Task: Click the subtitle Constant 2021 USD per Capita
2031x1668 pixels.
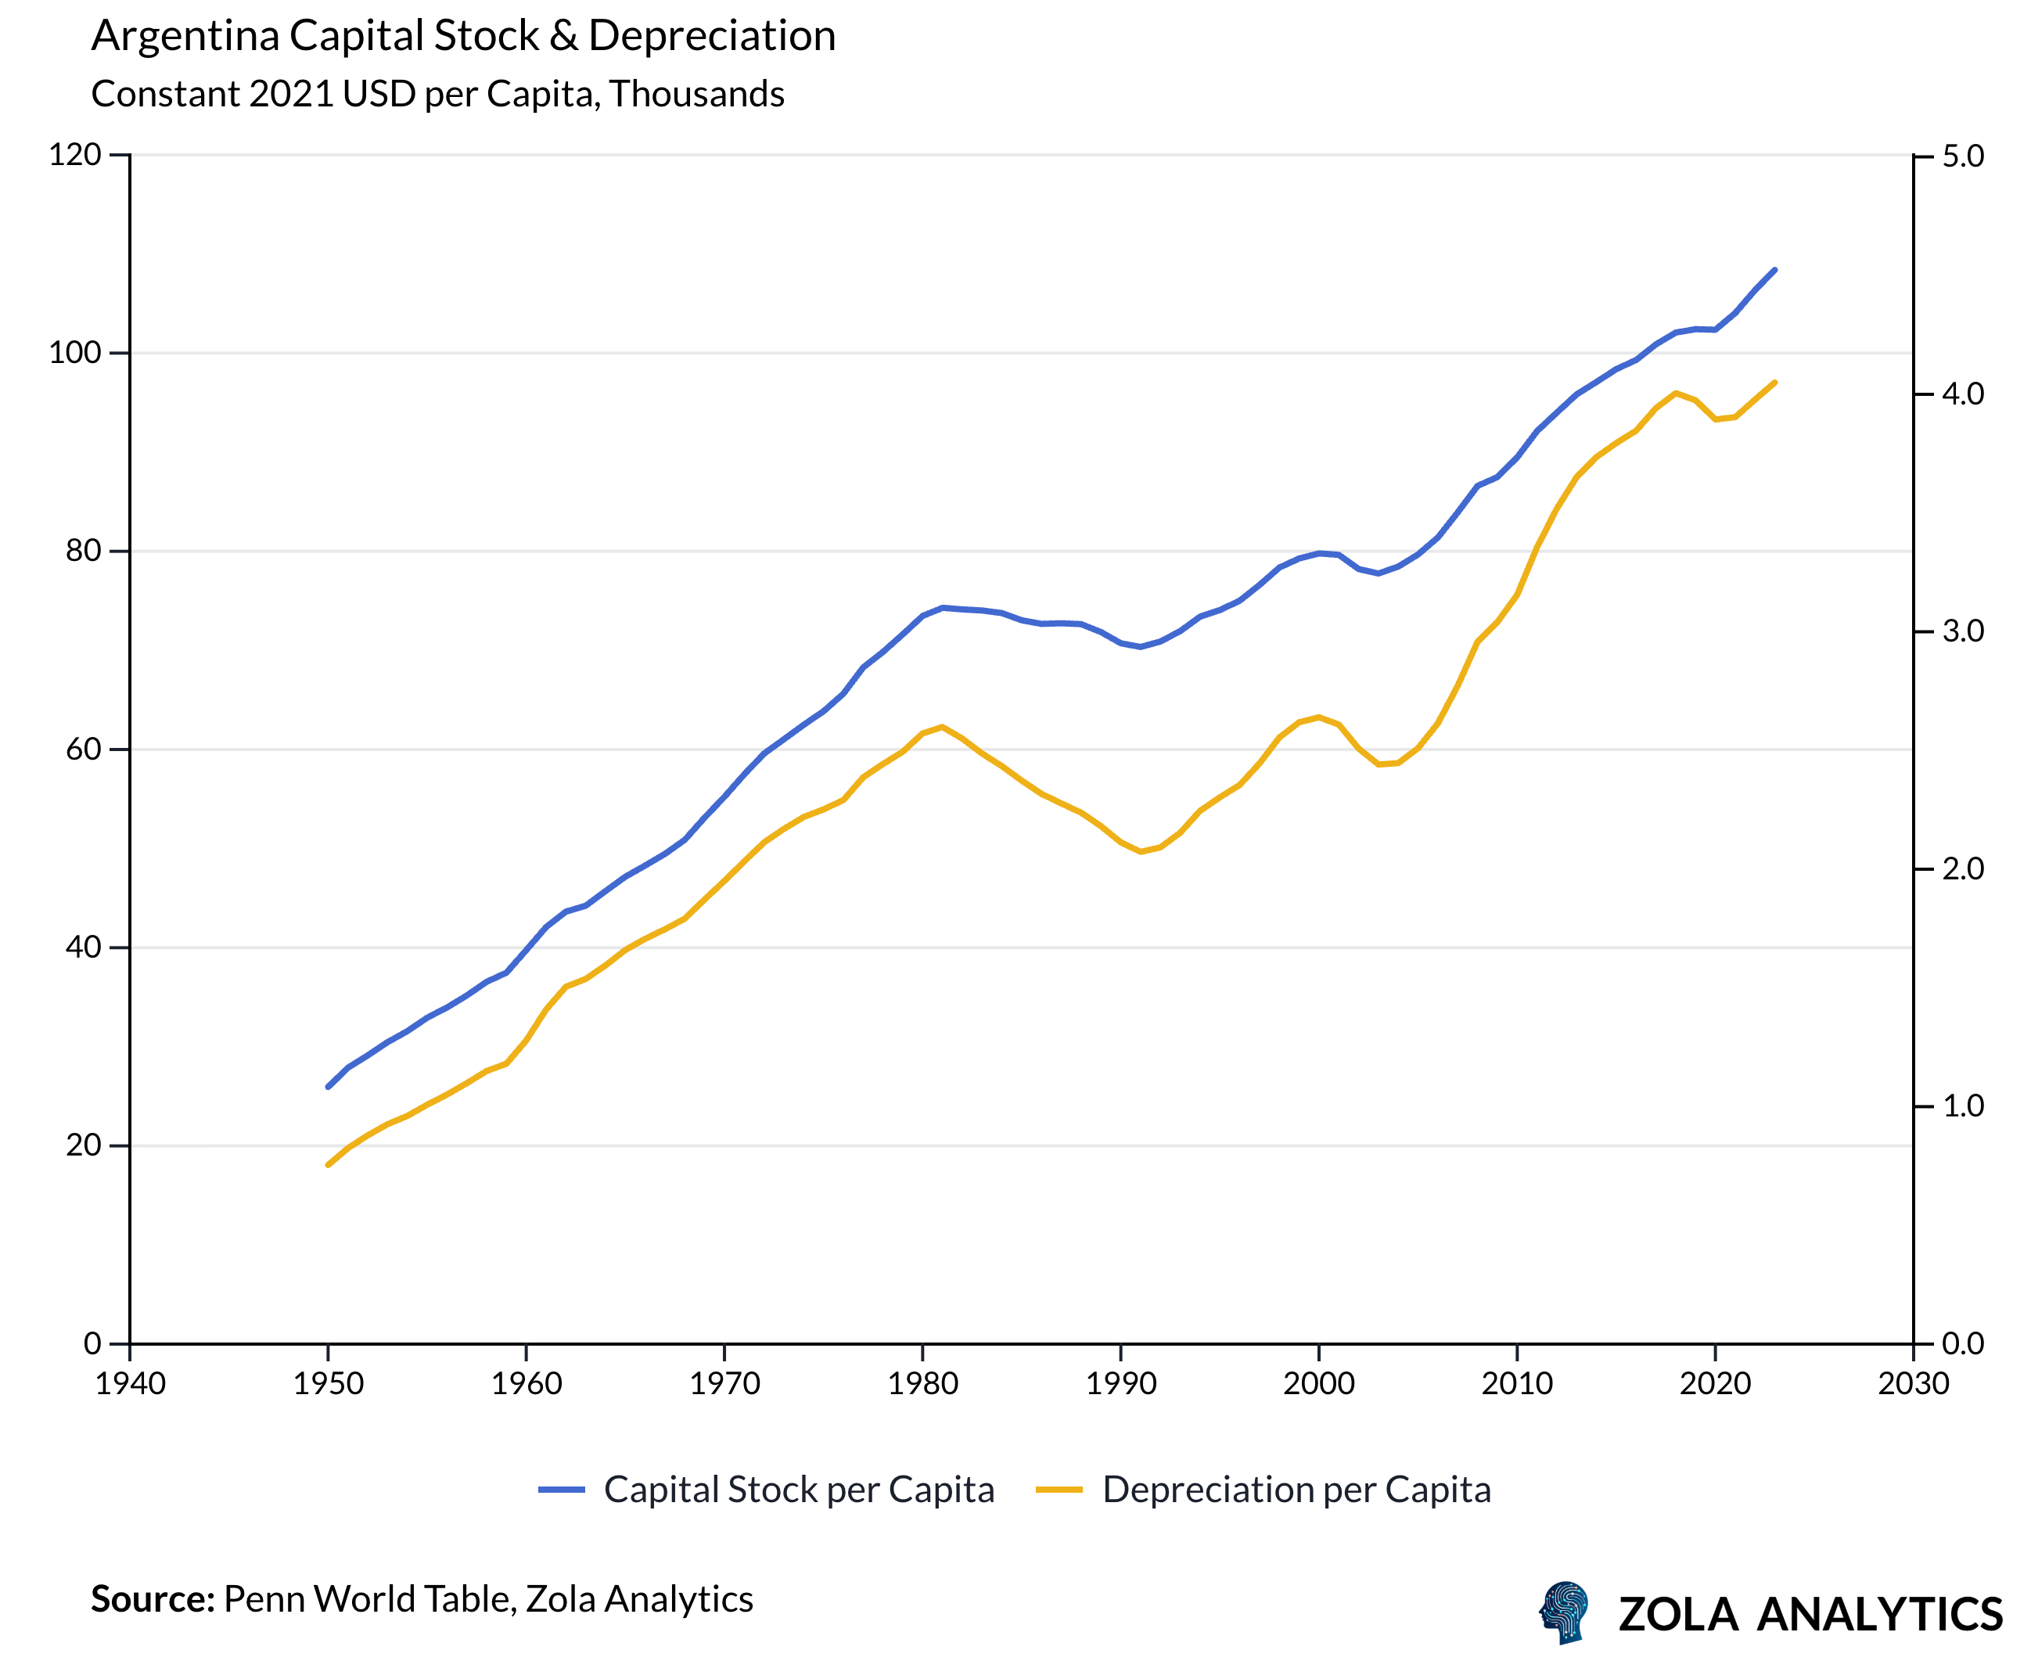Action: point(437,94)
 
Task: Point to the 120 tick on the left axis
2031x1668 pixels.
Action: point(75,155)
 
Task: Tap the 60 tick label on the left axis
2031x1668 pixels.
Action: point(84,750)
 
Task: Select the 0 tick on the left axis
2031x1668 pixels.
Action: point(92,1343)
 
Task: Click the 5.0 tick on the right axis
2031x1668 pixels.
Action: point(1962,156)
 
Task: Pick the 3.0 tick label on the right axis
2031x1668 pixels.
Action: point(1962,631)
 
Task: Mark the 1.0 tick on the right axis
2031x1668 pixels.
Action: point(1962,1106)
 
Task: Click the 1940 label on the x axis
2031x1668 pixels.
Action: point(130,1383)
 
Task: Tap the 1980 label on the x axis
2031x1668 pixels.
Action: point(922,1383)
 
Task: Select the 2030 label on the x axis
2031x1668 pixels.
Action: point(1913,1383)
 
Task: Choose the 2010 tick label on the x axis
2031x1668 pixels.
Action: point(1517,1383)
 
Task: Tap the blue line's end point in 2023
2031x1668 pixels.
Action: point(1774,270)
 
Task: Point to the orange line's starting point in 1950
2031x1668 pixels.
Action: point(328,1164)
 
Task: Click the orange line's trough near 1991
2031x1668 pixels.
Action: point(1141,851)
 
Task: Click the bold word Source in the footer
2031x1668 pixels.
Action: point(152,1600)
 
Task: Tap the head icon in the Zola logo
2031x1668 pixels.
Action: point(1564,1612)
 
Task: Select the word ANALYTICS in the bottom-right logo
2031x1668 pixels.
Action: point(1878,1615)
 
